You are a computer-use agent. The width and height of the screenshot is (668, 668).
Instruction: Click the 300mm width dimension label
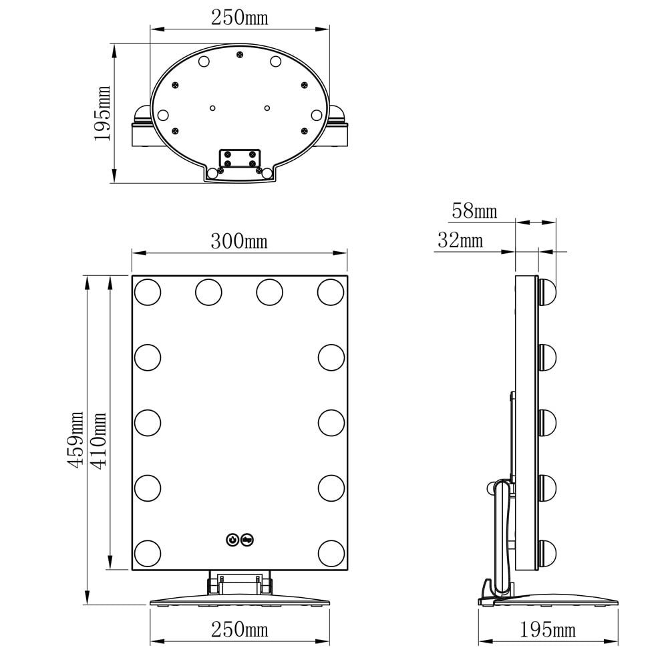[x=239, y=241]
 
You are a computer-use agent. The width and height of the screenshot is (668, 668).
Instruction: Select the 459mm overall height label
[x=77, y=440]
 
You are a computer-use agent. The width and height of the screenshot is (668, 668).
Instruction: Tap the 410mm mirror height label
[x=100, y=440]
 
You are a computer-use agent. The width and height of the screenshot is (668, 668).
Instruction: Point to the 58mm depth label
[x=474, y=211]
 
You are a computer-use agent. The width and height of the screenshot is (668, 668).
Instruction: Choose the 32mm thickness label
[x=460, y=240]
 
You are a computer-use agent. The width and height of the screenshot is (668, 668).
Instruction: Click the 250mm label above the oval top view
[x=239, y=18]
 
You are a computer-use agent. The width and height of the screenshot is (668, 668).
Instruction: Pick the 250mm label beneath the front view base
[x=239, y=629]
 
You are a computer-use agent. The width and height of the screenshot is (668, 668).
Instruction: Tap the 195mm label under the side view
[x=548, y=630]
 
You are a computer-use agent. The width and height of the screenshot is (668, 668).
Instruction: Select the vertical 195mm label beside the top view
[x=103, y=113]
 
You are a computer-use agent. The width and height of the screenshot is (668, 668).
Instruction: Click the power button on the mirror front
[x=232, y=540]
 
